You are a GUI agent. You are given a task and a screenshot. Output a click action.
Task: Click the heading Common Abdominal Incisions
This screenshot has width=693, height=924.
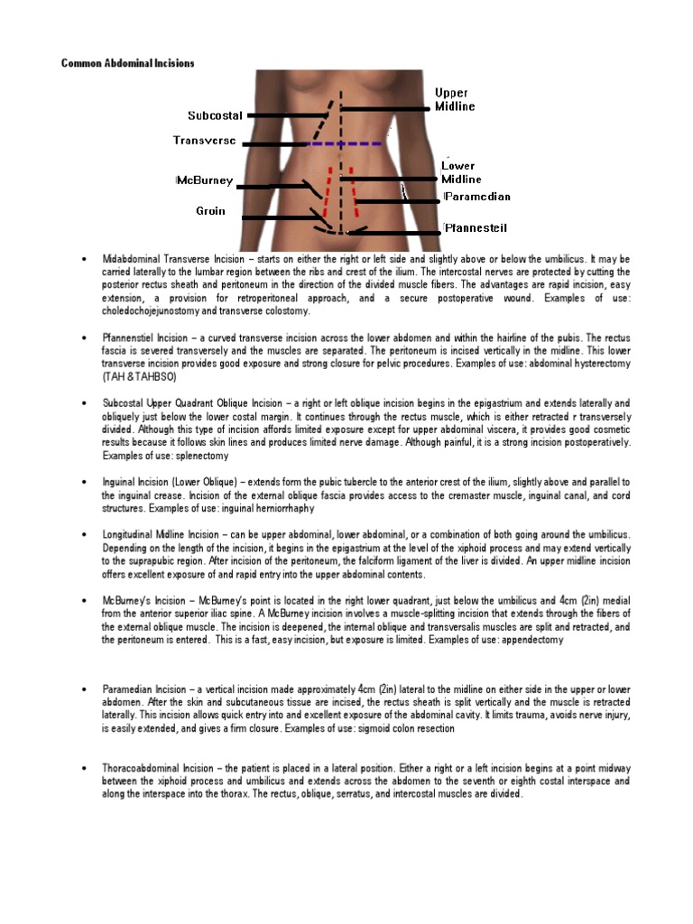pos(127,63)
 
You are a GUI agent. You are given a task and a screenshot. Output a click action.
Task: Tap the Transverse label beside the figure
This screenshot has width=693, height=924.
pos(205,141)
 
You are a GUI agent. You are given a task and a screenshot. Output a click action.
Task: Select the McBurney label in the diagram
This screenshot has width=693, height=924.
pos(205,180)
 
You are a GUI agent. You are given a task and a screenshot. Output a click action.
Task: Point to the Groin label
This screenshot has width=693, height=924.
pos(210,211)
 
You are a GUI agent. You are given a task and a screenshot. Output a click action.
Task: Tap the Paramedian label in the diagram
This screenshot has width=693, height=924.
pos(477,197)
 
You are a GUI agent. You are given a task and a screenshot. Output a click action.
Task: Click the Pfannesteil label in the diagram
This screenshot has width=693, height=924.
pos(476,229)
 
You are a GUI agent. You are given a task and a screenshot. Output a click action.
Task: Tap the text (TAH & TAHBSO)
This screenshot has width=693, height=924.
pos(139,374)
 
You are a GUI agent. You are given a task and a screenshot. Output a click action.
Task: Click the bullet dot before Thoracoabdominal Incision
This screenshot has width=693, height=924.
pos(84,768)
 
